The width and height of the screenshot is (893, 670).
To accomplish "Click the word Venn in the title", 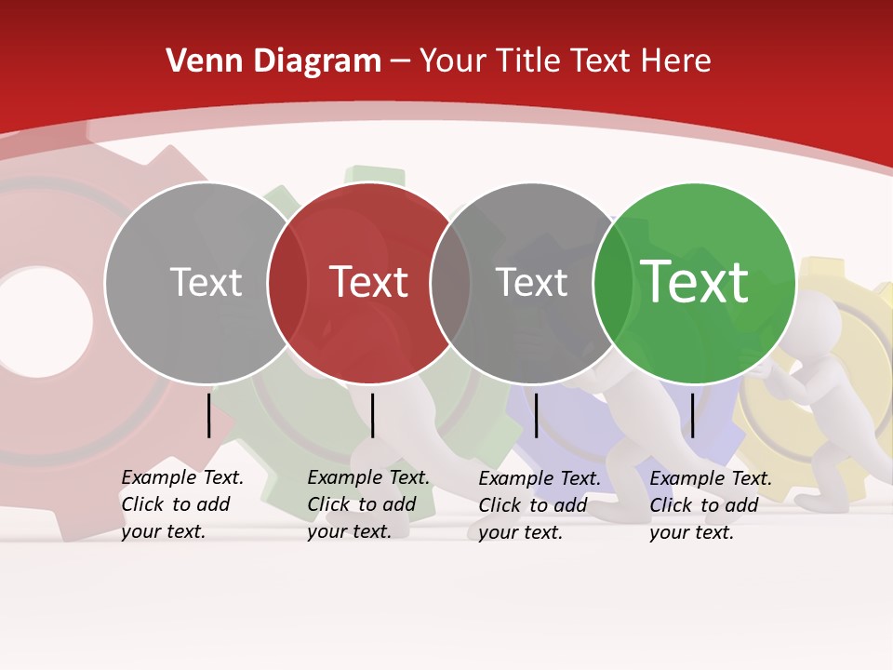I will click(198, 61).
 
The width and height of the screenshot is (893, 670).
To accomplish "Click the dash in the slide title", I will click(401, 62).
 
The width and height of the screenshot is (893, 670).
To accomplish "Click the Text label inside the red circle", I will click(369, 282).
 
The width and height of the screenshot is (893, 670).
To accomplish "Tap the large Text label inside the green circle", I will click(695, 282).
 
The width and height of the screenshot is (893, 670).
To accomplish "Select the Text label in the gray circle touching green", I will click(532, 282).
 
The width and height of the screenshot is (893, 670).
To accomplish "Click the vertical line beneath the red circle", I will click(372, 415).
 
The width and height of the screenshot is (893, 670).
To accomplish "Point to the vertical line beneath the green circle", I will click(692, 415).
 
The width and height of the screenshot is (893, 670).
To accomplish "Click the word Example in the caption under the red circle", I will click(344, 478).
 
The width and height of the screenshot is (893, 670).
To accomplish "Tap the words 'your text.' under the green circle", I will click(691, 532).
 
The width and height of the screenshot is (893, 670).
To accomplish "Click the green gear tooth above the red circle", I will click(374, 177).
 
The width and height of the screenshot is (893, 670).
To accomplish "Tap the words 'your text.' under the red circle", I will click(349, 532).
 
